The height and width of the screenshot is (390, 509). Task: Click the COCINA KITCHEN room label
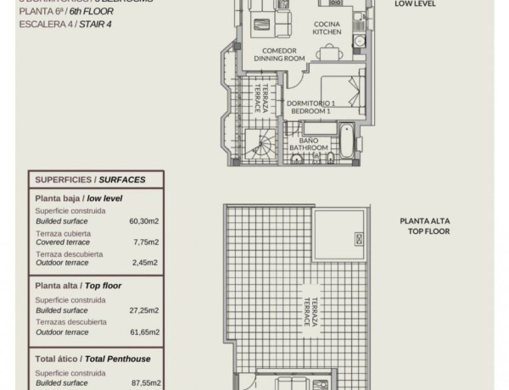[327, 28]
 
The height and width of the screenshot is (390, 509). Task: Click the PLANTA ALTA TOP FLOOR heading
[426, 226]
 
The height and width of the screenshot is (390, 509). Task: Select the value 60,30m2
[143, 220]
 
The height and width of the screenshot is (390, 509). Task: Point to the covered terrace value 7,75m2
[146, 242]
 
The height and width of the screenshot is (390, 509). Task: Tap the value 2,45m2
[146, 263]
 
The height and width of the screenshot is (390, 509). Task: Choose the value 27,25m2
[143, 311]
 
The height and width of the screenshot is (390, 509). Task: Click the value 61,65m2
[143, 332]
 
